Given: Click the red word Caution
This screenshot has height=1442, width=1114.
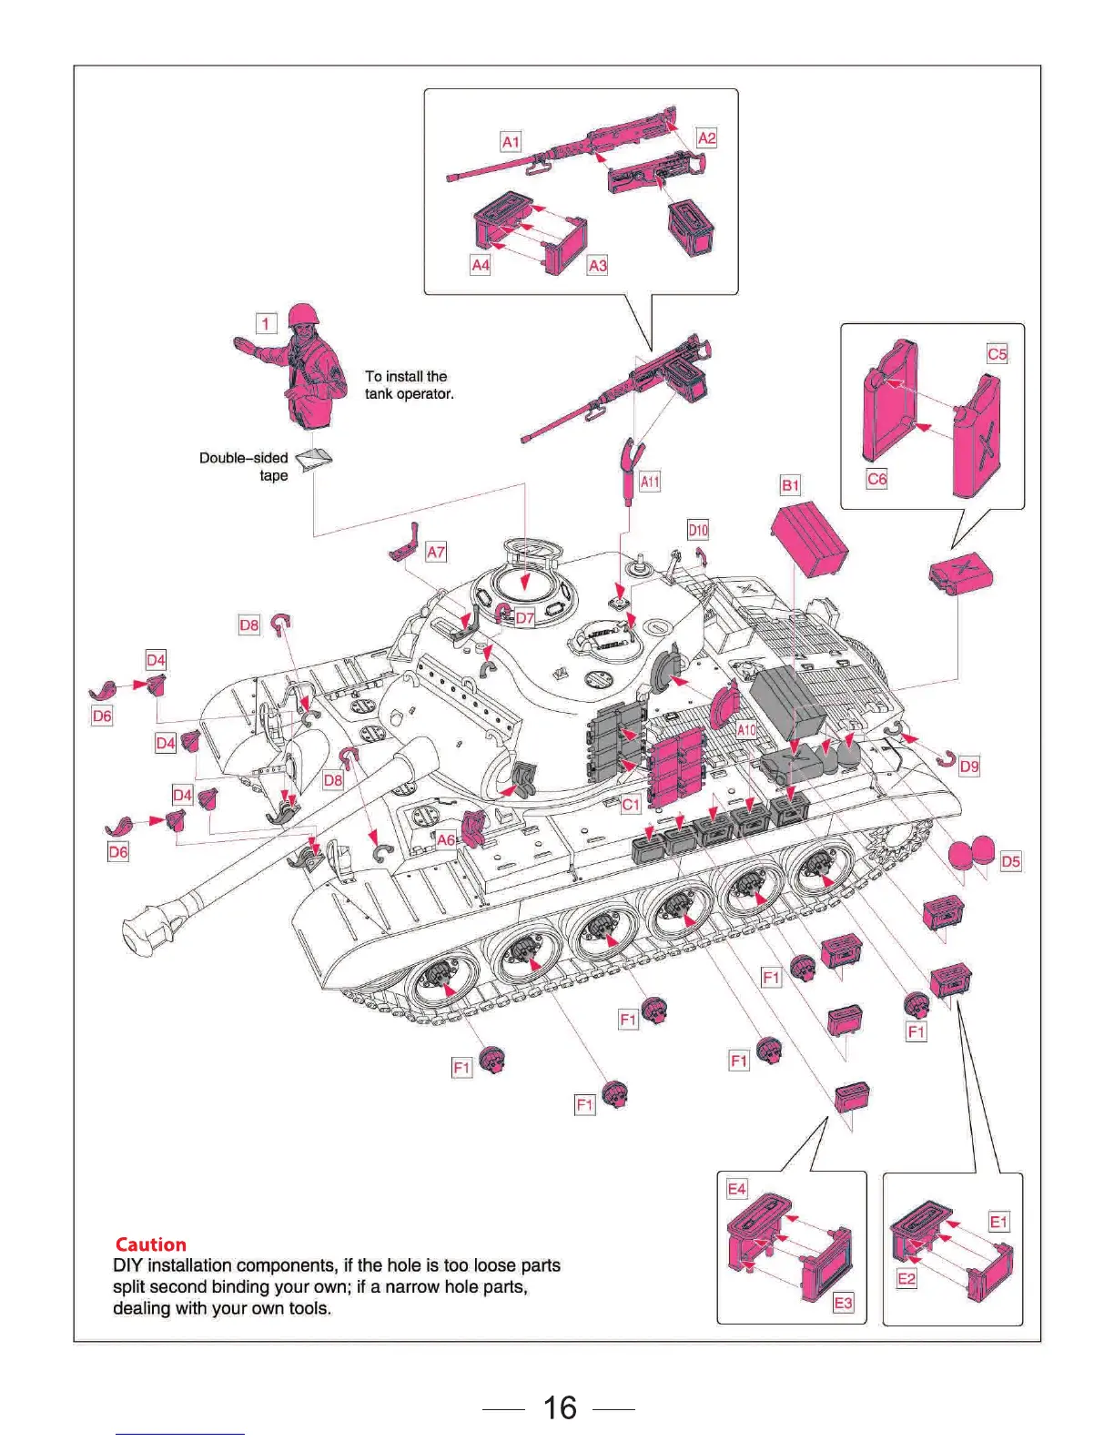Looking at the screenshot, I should coord(151,1244).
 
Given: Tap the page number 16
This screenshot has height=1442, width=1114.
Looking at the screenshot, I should coord(560,1407).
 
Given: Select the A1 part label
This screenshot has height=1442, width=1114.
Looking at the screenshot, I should coord(511,142).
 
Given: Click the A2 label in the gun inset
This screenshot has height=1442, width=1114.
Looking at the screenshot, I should coord(706,138).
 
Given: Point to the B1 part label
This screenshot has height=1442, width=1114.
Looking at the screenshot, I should coord(790,485).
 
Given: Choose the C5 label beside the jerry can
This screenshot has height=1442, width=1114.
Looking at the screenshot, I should coord(998,354).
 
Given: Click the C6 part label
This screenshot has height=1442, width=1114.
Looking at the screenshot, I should coord(876,479).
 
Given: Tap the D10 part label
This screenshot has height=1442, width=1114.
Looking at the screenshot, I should coord(698,530).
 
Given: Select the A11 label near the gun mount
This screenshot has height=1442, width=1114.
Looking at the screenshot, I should coord(650,482).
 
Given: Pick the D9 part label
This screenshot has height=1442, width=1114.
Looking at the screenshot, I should coord(969,767).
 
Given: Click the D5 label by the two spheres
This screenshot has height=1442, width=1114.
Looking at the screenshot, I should coord(1010,861).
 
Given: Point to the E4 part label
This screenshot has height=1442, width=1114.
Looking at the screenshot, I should coord(736,1189).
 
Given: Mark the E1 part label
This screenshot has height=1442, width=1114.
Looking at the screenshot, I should coord(998,1222).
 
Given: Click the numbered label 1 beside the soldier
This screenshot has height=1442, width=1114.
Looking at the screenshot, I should coord(266,323).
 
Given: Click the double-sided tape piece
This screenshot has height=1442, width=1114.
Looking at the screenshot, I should coord(315,458).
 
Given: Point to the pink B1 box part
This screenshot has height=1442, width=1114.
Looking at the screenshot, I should coord(809,540).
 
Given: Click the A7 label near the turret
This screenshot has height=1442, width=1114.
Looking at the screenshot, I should coord(436,552).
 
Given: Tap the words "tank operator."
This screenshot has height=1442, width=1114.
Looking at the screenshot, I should coord(410,394).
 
